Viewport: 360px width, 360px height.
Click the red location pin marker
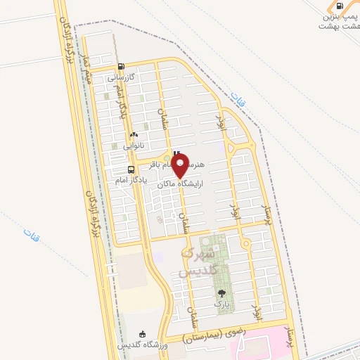[180, 166]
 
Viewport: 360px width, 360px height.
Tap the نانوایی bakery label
[134, 146]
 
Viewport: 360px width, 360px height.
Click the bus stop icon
[131, 169]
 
